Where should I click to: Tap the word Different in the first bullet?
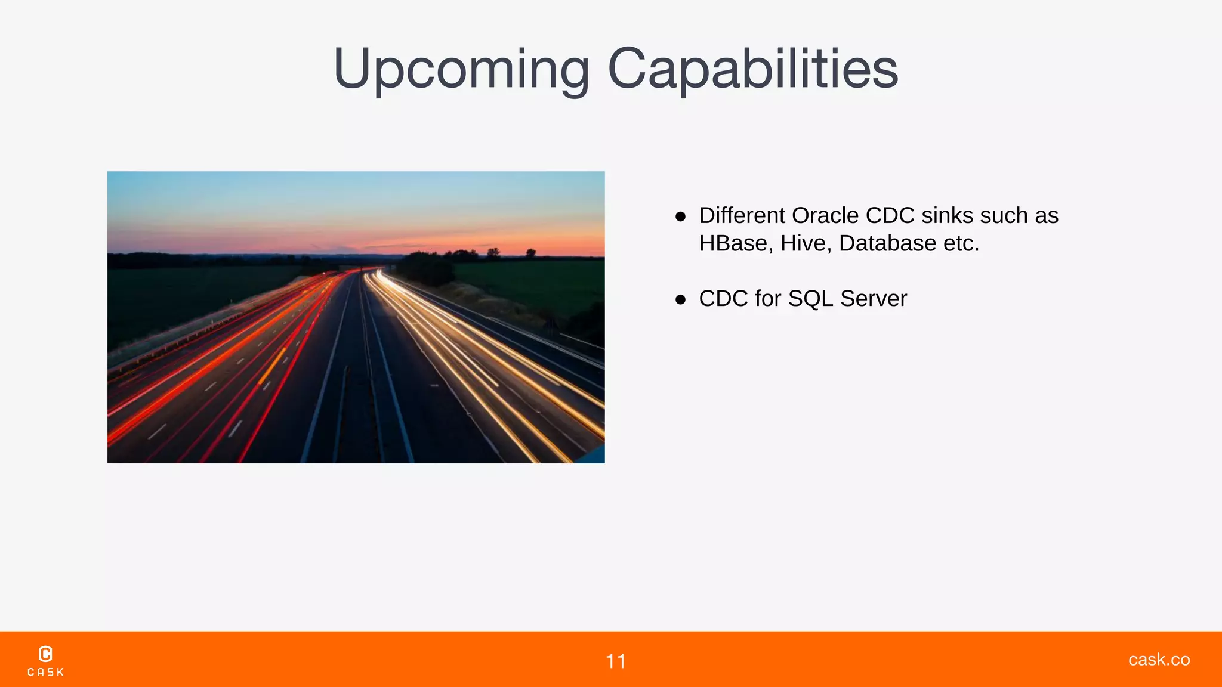(742, 215)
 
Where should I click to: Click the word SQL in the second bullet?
(810, 299)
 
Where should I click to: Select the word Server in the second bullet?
(874, 299)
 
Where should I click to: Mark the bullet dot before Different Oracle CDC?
(680, 216)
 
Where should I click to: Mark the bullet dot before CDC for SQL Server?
(680, 299)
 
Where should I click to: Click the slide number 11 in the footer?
(616, 661)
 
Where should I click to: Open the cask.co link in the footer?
(1159, 659)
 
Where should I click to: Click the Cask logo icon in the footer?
(45, 654)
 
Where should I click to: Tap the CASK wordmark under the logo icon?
(46, 672)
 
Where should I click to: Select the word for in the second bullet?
(768, 299)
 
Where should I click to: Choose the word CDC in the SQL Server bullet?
(723, 299)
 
